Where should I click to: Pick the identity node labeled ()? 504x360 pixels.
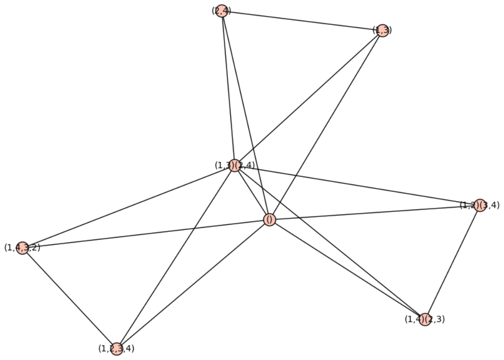click(x=269, y=220)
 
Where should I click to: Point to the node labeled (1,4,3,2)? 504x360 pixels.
click(x=22, y=248)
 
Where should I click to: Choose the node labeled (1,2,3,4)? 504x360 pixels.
click(x=117, y=349)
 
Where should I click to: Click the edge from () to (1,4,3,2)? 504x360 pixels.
click(x=146, y=234)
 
